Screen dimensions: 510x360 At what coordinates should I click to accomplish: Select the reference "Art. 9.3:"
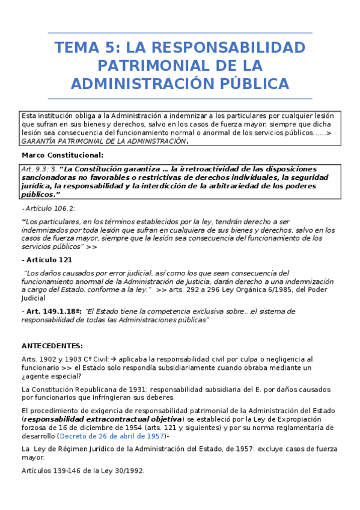(34, 169)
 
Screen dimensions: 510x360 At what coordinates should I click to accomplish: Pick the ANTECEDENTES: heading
(52, 346)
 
